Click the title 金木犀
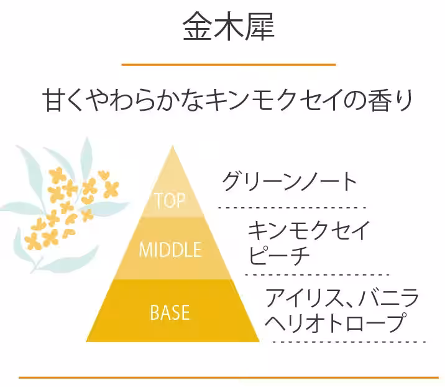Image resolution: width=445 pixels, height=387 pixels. (x=228, y=27)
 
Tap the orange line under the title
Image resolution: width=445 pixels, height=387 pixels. (x=228, y=64)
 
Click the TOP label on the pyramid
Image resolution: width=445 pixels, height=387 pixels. (x=170, y=200)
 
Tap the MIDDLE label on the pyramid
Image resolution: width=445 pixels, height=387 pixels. (x=170, y=250)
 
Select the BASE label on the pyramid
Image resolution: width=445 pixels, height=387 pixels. (x=170, y=312)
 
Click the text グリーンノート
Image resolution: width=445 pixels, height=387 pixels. (x=290, y=181)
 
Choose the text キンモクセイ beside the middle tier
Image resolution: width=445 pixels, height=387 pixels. (x=309, y=231)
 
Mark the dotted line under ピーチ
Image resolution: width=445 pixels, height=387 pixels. (x=316, y=274)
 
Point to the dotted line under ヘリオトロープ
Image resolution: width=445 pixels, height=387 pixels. (x=348, y=342)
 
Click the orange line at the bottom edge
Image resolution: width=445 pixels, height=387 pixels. (x=228, y=377)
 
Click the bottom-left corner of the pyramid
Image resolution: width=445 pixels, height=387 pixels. (x=88, y=340)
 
